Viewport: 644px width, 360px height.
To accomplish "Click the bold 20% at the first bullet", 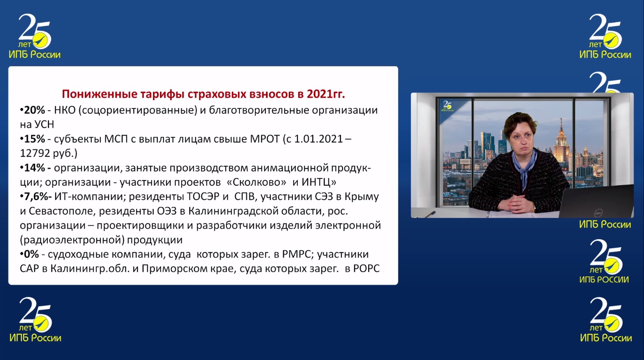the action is coord(34,110).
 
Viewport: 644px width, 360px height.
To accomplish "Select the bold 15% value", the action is coord(34,139).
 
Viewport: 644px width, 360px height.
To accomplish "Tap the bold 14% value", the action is coord(34,168).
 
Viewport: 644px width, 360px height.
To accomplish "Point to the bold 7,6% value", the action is coord(36,197).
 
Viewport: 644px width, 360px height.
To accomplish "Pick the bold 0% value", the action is coord(31,254).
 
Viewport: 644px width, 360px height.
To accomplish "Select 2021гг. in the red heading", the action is coord(326,94).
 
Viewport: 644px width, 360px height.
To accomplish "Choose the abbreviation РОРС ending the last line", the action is coord(366,269).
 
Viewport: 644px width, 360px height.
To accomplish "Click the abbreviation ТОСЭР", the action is coord(204,197).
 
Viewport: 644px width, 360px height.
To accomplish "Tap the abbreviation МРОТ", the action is coord(264,139).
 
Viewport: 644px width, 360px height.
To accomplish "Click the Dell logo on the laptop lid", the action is coord(599,213).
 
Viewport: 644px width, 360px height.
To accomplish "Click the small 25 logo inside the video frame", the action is coord(447,107).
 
